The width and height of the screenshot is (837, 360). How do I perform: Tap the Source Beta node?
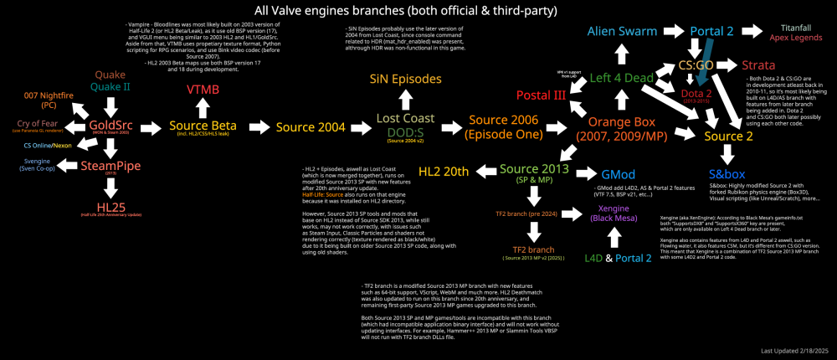click(203, 126)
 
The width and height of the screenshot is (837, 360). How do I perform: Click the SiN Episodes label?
click(406, 80)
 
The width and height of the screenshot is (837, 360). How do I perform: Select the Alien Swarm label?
click(620, 31)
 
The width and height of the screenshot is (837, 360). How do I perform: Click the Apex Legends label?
click(791, 39)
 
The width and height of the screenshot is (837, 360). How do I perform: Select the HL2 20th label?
click(441, 172)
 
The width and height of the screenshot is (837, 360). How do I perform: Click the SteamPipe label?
click(111, 165)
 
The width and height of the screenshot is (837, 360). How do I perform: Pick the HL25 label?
click(111, 206)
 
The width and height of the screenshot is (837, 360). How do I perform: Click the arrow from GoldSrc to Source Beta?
click(151, 128)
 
